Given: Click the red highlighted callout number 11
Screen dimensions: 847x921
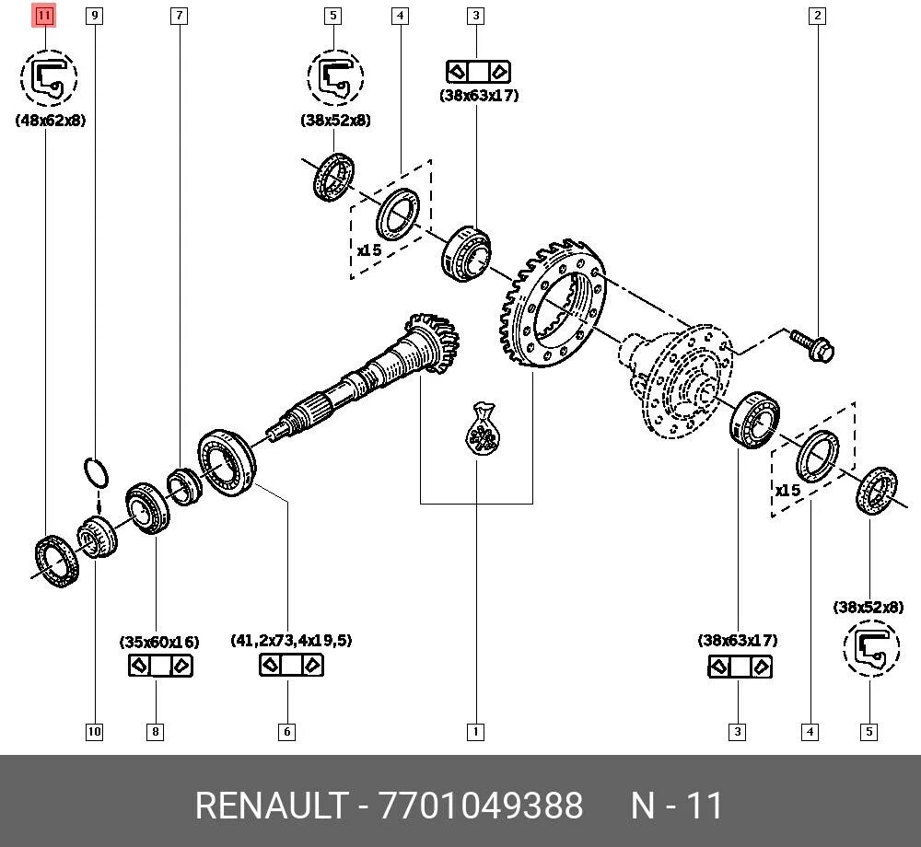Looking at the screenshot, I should point(44,15).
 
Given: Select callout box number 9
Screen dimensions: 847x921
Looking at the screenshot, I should point(93,15).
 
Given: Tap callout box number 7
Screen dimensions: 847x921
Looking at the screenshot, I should point(179,15).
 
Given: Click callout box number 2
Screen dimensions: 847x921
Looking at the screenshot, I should point(817,15).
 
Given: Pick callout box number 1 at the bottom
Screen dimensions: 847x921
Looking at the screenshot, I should point(475,732).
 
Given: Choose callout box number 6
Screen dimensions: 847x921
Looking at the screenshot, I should point(287,732).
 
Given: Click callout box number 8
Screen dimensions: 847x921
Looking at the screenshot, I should point(156,732).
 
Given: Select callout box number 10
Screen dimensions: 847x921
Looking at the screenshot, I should point(94,732).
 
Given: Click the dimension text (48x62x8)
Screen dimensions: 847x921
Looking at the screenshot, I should point(51,121).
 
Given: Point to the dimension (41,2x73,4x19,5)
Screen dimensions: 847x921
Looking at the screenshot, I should point(291,641).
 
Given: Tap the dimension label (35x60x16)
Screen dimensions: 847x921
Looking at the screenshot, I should point(158,642).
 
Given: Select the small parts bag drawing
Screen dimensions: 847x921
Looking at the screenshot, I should point(482,430).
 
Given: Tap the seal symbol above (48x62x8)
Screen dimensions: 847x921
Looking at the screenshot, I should point(49,78).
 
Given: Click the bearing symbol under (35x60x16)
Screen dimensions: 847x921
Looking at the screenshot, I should point(159,666).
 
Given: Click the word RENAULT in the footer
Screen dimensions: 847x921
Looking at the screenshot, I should point(271,806).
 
